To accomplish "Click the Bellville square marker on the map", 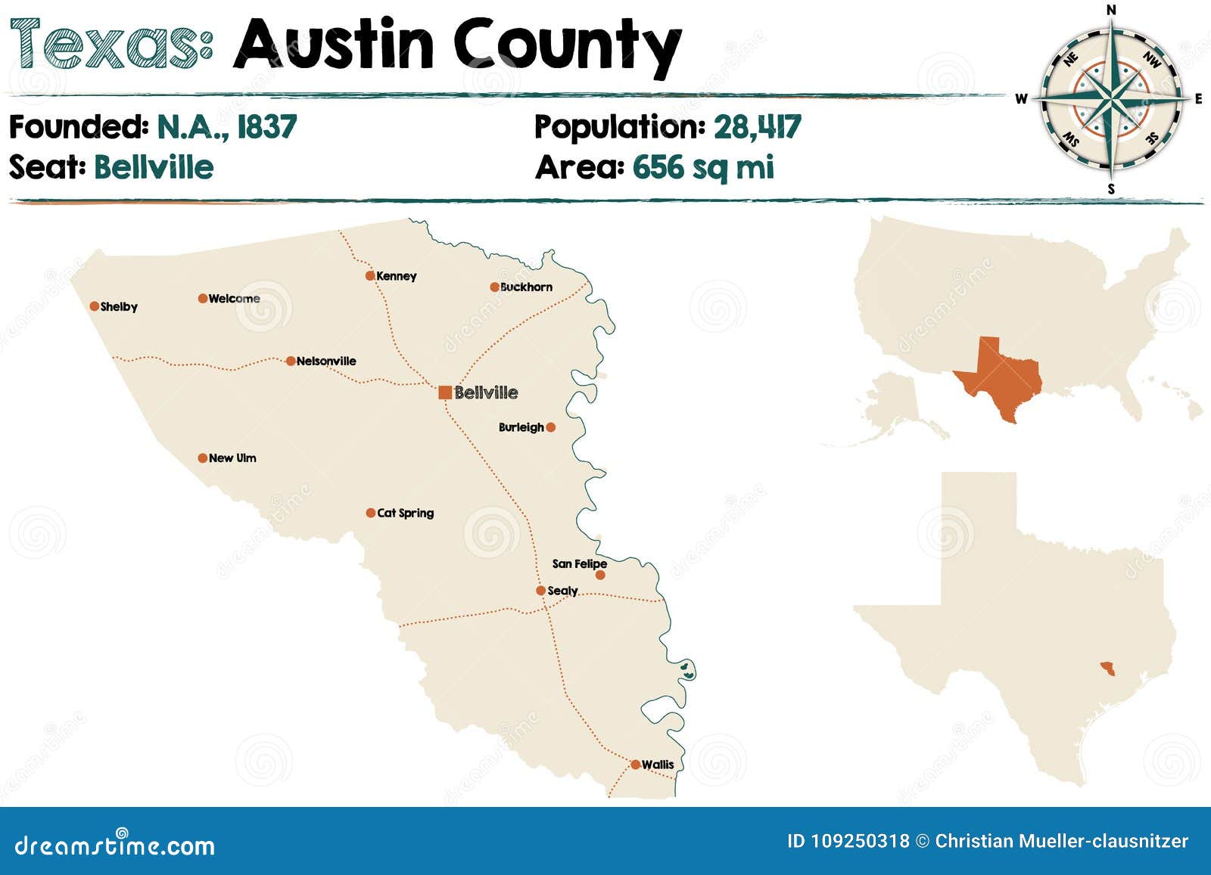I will tap(445, 392).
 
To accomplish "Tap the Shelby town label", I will tap(119, 306).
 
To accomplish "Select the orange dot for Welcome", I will tap(203, 299).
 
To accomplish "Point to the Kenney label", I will tap(397, 276).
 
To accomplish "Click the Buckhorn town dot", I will tap(494, 287).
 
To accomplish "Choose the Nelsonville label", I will tap(326, 361).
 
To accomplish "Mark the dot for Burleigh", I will tap(551, 427).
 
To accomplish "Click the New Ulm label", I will tap(232, 458).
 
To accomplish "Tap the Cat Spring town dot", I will tap(371, 513).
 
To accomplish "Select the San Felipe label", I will tap(579, 563).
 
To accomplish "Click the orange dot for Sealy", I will tap(540, 591).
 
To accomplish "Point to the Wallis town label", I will tap(658, 765).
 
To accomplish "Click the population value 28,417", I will tap(757, 127).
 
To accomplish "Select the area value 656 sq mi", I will tap(703, 167).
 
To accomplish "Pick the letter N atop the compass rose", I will tap(1111, 10).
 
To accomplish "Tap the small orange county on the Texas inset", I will tap(1108, 669).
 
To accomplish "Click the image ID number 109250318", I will tap(860, 841).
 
